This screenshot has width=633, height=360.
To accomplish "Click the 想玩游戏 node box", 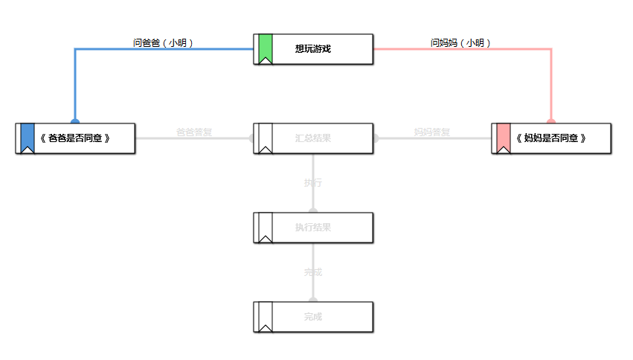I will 313,49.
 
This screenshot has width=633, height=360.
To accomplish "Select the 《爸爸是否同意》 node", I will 75,138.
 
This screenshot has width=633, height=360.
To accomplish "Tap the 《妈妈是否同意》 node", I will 551,138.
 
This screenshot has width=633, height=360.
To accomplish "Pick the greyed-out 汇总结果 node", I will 313,138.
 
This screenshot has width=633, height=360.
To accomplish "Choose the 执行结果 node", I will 313,228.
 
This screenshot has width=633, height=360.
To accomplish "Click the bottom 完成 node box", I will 313,317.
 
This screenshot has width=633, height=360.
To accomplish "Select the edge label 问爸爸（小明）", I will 164,43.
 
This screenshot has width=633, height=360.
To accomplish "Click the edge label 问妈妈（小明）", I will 461,43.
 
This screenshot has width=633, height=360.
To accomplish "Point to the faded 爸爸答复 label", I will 194,132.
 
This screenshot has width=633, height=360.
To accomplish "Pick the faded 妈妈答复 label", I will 432,132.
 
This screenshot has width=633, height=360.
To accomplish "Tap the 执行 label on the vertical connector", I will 313,183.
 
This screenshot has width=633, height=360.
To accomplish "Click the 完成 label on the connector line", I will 313,272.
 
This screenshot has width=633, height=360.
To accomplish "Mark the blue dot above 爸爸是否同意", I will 75,120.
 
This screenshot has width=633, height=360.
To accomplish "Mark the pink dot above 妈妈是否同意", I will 551,120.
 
